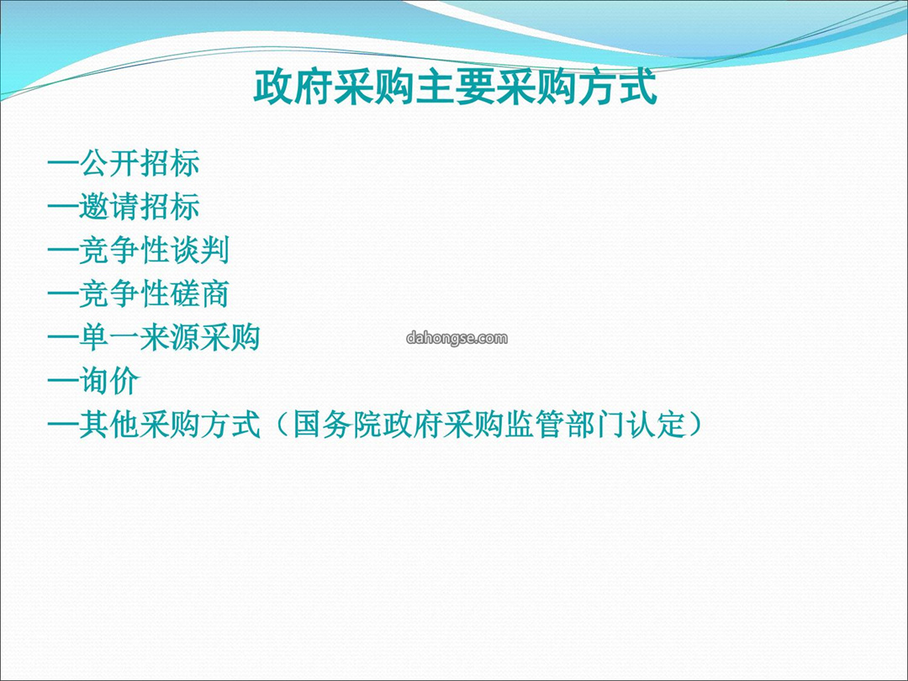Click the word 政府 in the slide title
click(293, 87)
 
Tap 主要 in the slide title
click(455, 87)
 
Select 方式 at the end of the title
click(617, 87)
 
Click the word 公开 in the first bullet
click(108, 163)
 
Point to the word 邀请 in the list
click(108, 207)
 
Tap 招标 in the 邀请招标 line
click(169, 207)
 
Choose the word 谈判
click(200, 251)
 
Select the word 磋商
click(200, 294)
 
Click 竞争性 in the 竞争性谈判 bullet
click(124, 251)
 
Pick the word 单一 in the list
click(108, 338)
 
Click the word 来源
click(169, 338)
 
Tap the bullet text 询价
click(108, 382)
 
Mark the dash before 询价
click(62, 381)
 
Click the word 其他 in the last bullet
click(108, 425)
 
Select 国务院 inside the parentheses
click(338, 425)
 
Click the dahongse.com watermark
click(457, 338)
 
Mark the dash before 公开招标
click(62, 163)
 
